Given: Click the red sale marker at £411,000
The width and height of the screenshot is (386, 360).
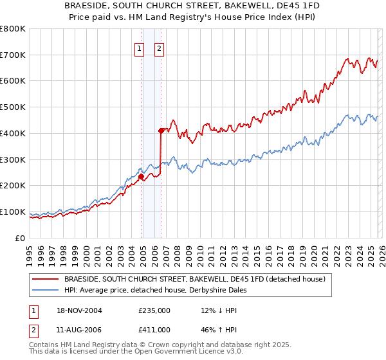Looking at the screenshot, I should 161,130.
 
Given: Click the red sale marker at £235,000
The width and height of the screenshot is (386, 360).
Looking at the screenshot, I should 141,176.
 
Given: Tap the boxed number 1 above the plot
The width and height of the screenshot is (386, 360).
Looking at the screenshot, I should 139,47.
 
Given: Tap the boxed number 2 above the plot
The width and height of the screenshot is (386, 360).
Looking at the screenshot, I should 159,47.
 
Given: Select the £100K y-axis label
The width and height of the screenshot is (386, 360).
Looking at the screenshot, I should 13,212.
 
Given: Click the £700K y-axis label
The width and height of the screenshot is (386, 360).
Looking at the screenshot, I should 13,55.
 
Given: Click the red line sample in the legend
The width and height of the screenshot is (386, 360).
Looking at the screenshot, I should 46,279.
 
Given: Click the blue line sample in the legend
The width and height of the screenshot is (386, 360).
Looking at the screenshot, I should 46,290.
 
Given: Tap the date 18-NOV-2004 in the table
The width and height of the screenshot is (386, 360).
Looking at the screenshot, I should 80,310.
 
